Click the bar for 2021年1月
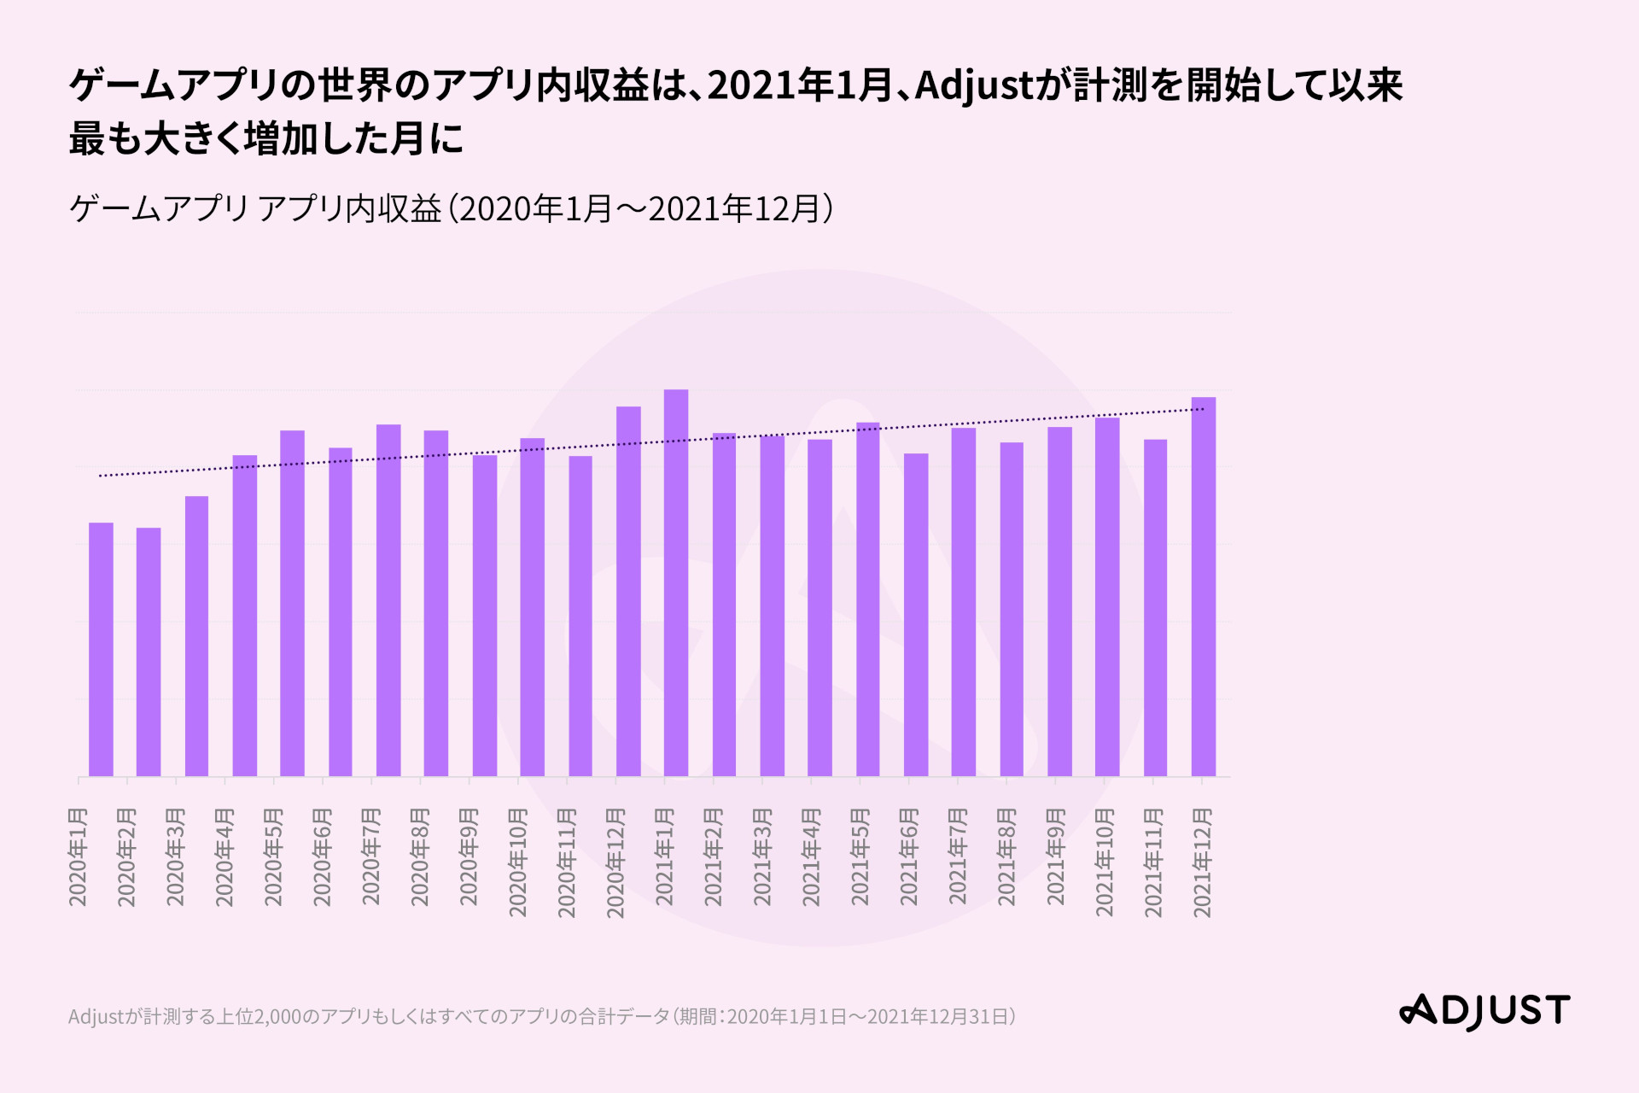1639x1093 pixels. pyautogui.click(x=676, y=583)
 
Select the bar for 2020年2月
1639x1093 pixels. pyautogui.click(x=149, y=652)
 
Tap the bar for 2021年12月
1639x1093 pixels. pyautogui.click(x=1204, y=587)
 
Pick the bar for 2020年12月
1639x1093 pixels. pyautogui.click(x=628, y=591)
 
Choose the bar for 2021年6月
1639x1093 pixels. pyautogui.click(x=916, y=615)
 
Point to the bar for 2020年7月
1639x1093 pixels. pyautogui.click(x=388, y=600)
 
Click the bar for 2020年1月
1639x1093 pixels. pyautogui.click(x=101, y=650)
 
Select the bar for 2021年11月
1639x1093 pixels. pyautogui.click(x=1155, y=608)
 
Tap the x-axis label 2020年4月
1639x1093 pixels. pyautogui.click(x=225, y=856)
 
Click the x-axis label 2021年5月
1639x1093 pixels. pyautogui.click(x=860, y=856)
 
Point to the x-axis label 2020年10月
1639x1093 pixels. pyautogui.click(x=518, y=862)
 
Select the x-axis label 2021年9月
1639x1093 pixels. pyautogui.click(x=1056, y=856)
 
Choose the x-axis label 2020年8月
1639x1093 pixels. pyautogui.click(x=420, y=856)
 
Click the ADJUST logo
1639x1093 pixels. pyautogui.click(x=1484, y=1011)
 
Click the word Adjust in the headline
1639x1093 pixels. pyautogui.click(x=973, y=85)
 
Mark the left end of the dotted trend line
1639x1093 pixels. pyautogui.click(x=101, y=476)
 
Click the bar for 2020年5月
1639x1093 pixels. pyautogui.click(x=292, y=604)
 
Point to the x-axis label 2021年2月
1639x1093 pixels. pyautogui.click(x=714, y=856)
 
